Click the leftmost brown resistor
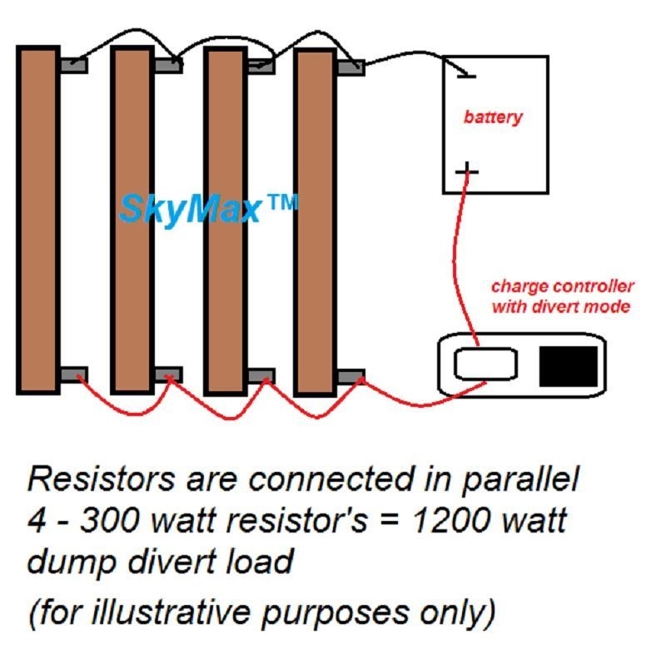pos(37,220)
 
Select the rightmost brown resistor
pos(316,222)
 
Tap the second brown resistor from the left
pos(132,220)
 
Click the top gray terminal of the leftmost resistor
pos(74,66)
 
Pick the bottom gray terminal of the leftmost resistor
pos(74,374)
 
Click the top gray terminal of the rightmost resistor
pos(350,67)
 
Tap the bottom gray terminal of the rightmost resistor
pos(350,376)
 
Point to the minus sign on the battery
pos(466,77)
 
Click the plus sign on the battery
pos(467,171)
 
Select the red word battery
pos(493,117)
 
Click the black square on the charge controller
pos(569,366)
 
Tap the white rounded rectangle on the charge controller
pos(485,364)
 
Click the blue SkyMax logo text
pos(209,208)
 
